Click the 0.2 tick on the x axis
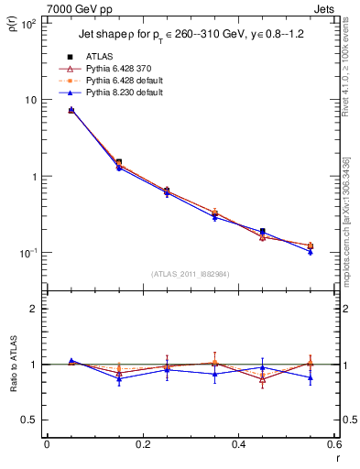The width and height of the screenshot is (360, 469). [x=142, y=445]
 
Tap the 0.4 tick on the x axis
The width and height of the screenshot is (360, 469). [x=238, y=445]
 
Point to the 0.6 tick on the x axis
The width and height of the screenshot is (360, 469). [x=333, y=445]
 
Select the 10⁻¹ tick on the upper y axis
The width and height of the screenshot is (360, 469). [x=30, y=253]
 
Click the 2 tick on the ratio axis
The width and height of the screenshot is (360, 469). [x=34, y=309]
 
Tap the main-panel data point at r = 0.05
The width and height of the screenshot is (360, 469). [x=71, y=110]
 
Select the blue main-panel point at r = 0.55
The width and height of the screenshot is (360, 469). [x=311, y=251]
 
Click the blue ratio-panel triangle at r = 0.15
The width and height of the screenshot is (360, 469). [x=119, y=378]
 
